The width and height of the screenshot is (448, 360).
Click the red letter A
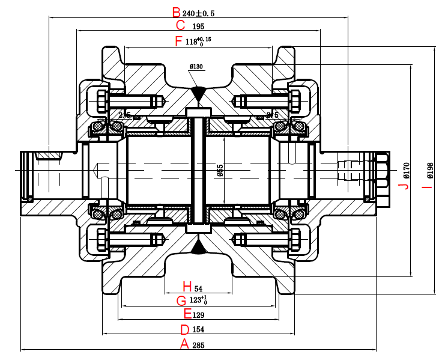pyautogui.click(x=185, y=344)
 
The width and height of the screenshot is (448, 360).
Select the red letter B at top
pyautogui.click(x=176, y=12)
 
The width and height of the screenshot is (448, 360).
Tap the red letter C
pyautogui.click(x=181, y=26)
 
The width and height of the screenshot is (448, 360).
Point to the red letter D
pyautogui.click(x=185, y=329)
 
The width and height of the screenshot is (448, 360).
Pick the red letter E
pyautogui.click(x=187, y=314)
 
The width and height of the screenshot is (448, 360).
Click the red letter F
pyautogui.click(x=177, y=41)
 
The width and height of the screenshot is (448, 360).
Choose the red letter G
pyautogui.click(x=181, y=300)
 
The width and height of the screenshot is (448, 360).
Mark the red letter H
pyautogui.click(x=187, y=286)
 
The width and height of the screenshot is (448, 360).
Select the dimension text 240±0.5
pyautogui.click(x=198, y=13)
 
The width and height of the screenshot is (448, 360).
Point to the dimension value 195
pyautogui.click(x=198, y=26)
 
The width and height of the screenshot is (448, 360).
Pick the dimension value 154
pyautogui.click(x=199, y=330)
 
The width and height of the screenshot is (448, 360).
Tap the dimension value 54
pyautogui.click(x=198, y=287)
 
